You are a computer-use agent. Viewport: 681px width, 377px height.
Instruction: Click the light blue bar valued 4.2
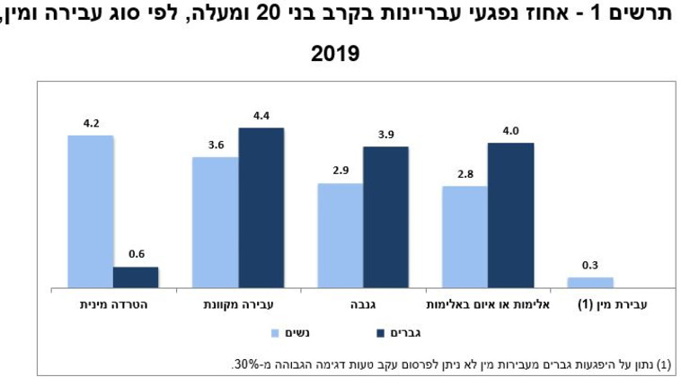(x=90, y=211)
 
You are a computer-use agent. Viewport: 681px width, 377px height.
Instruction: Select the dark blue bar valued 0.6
(x=136, y=277)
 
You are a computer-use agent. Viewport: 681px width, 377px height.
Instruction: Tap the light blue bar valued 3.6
(x=216, y=222)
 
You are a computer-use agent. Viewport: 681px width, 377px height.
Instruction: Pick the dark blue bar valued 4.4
(x=261, y=207)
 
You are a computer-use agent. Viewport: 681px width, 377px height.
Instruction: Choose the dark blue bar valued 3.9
(x=385, y=216)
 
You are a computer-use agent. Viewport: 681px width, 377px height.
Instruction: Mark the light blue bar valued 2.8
(x=464, y=237)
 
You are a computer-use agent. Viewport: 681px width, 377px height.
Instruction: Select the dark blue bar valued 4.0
(x=510, y=215)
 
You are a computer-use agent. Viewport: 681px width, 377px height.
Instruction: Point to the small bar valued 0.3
(x=589, y=282)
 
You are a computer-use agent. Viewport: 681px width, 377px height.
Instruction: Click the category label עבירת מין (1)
(x=611, y=305)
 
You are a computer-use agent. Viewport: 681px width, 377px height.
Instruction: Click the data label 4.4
(x=261, y=115)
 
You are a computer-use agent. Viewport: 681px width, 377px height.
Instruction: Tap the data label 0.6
(x=136, y=254)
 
